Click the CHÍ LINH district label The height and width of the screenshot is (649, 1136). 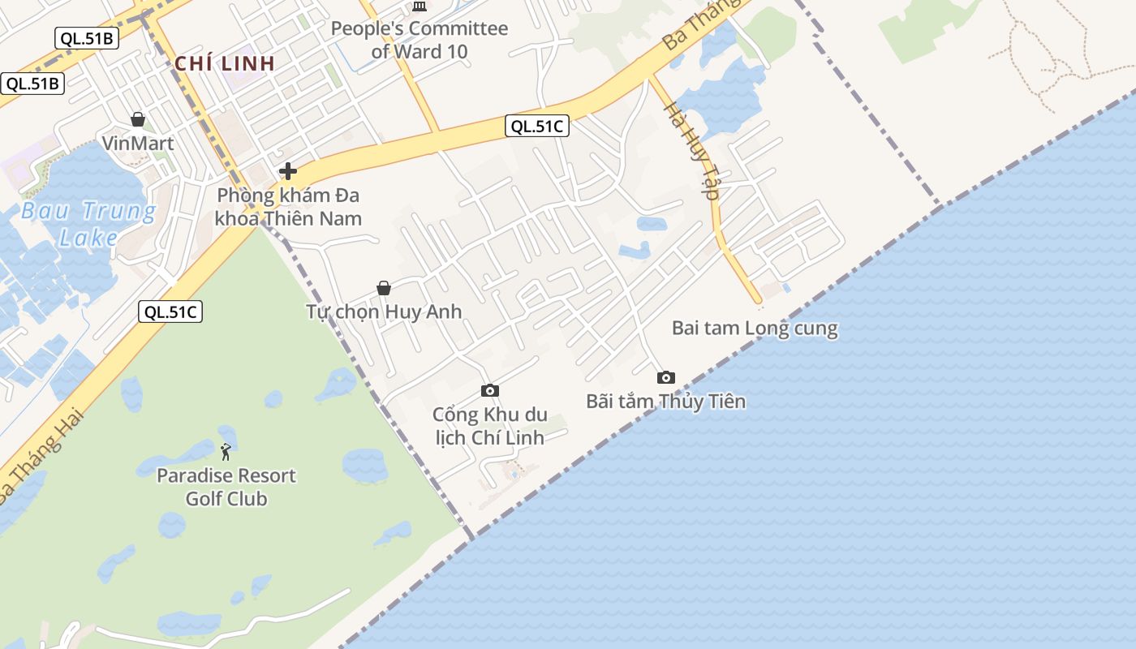click(225, 63)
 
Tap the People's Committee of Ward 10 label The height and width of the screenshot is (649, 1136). click(419, 40)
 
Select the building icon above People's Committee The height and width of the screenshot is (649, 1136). click(420, 6)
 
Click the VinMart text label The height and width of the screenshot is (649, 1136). click(138, 144)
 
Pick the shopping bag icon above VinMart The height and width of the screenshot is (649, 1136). click(138, 120)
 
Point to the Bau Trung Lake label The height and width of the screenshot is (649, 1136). click(88, 224)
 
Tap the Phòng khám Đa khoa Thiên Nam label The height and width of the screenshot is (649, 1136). click(288, 207)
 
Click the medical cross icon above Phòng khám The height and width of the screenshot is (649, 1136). click(287, 171)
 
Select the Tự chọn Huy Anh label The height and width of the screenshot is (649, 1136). click(384, 312)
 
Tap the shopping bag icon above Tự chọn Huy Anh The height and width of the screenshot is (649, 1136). click(384, 288)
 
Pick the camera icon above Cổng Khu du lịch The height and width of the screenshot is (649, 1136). click(489, 391)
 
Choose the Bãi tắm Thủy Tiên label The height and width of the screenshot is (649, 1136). click(665, 402)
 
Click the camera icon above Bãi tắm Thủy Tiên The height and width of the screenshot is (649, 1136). click(665, 377)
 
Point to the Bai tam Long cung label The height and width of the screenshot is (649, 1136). click(755, 329)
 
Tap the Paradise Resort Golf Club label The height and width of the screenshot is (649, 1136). click(226, 487)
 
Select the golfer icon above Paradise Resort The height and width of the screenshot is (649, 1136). click(226, 452)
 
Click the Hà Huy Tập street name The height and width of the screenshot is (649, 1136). click(692, 151)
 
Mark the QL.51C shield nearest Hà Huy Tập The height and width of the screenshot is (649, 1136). click(536, 126)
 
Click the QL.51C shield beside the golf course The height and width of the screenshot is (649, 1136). click(170, 312)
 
